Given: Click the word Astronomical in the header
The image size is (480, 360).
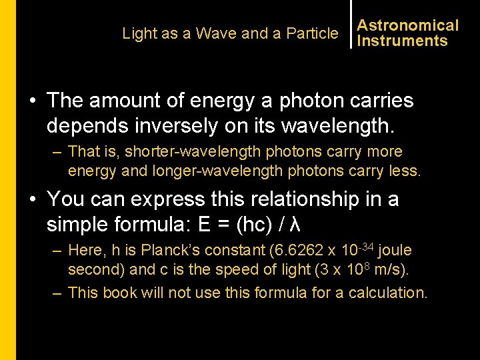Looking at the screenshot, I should point(408,25).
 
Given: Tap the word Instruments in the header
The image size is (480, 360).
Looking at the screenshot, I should point(402,41).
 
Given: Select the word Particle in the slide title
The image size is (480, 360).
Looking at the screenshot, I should point(312,33).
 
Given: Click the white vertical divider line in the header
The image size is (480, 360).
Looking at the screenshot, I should point(350,24).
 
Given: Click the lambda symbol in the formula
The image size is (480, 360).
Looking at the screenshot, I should point(297,224).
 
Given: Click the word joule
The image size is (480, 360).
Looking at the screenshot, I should point(395,250).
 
